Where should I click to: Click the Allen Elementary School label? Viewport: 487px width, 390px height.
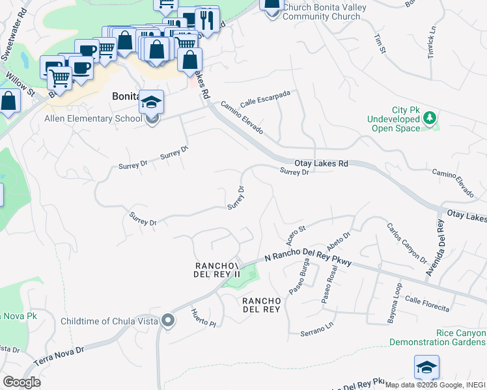pos(92,118)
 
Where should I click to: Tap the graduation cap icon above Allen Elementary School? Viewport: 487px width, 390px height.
pos(151,102)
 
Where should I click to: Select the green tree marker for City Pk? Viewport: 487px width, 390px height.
pos(429,118)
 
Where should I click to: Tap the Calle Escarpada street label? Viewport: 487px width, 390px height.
pos(264,99)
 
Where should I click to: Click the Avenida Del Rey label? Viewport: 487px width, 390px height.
pos(435,247)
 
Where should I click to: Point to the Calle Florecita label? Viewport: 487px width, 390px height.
pos(426,303)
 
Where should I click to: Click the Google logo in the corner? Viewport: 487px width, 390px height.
pos(21,382)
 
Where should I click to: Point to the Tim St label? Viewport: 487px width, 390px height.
pos(378,41)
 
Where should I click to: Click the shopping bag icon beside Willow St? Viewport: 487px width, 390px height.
pos(9,101)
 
